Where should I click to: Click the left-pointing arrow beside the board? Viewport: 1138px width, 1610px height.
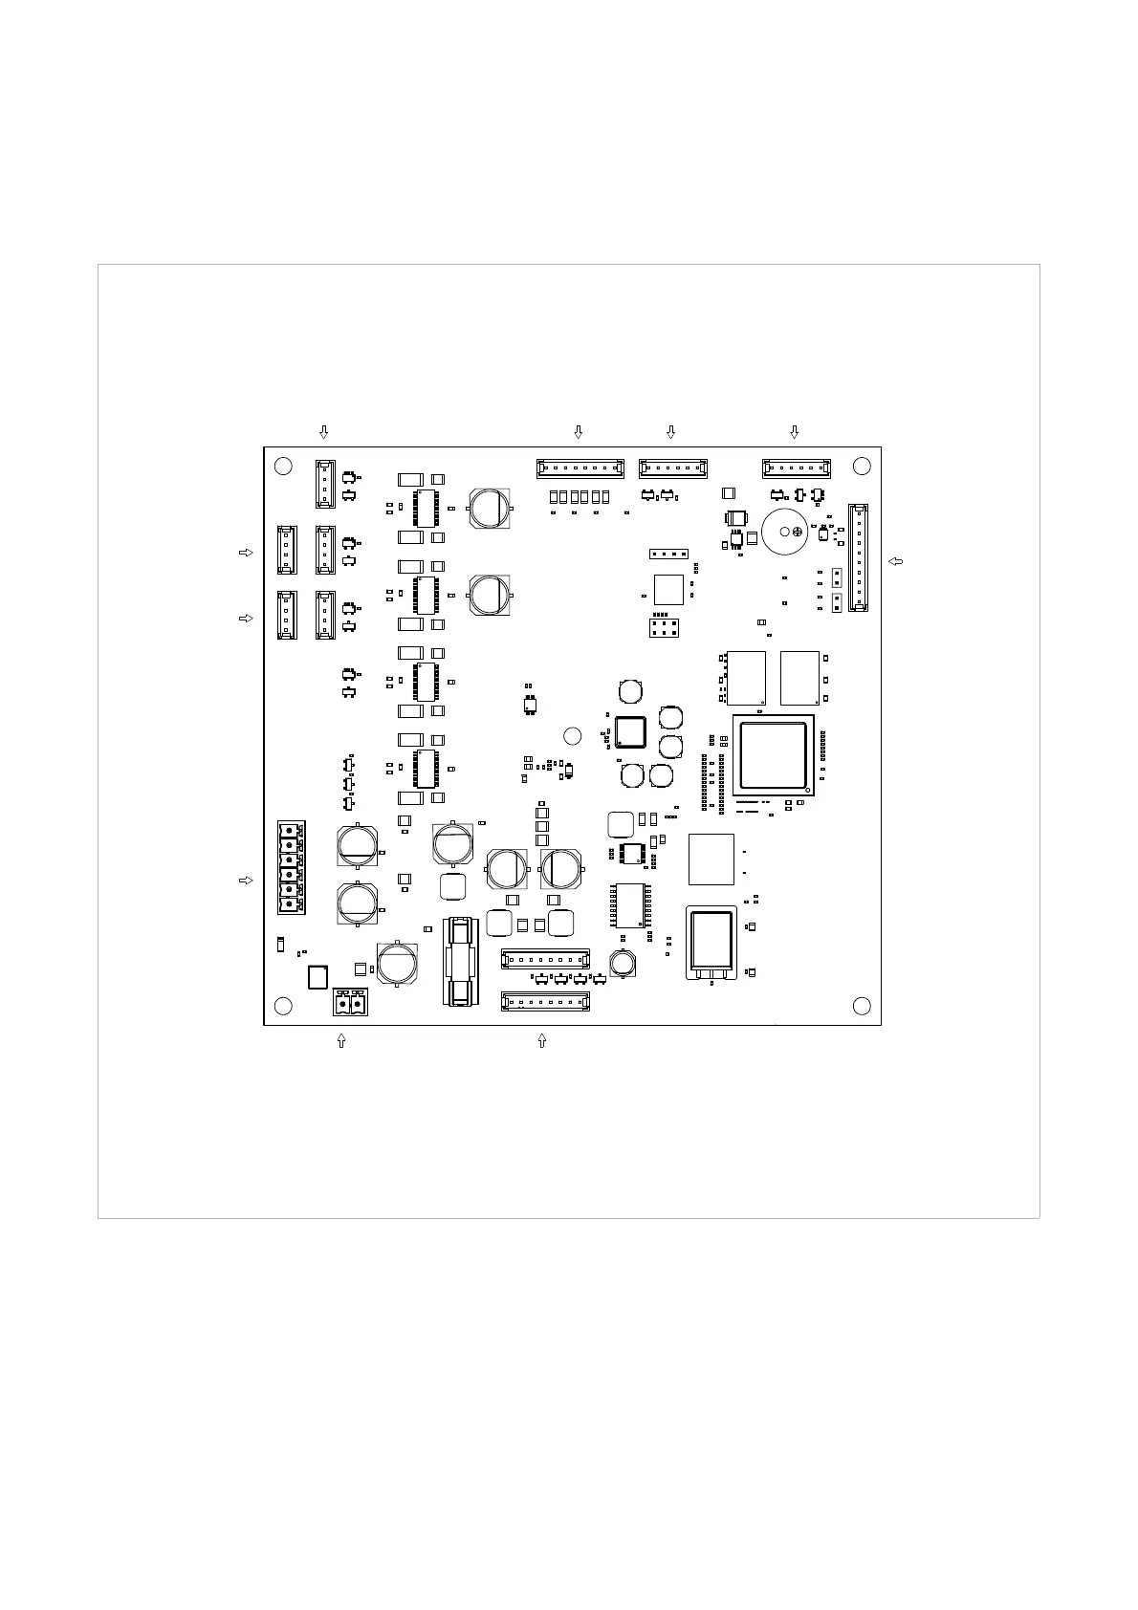[895, 561]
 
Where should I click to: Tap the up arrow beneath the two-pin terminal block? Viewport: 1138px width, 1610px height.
[341, 1041]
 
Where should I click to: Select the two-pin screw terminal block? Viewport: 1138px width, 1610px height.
[350, 1003]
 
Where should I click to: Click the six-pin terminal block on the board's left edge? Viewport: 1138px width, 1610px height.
[291, 867]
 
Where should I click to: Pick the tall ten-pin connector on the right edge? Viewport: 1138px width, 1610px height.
[858, 558]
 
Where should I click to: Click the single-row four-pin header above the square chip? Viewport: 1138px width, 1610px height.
[668, 555]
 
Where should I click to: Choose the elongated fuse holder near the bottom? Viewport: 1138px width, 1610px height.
[460, 961]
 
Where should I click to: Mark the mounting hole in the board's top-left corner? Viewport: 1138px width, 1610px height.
[283, 467]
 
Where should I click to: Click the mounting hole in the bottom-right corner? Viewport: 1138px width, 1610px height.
[862, 1005]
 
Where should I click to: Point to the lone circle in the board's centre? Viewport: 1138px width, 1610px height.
[572, 735]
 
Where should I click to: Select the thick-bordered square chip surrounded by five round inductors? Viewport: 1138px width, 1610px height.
[631, 731]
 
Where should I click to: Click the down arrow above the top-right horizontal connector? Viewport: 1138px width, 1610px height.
[794, 432]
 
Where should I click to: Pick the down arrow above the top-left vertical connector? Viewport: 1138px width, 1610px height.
[324, 432]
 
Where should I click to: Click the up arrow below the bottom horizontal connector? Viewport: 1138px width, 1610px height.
[542, 1041]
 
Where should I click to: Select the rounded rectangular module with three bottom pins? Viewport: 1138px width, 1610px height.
[711, 941]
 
